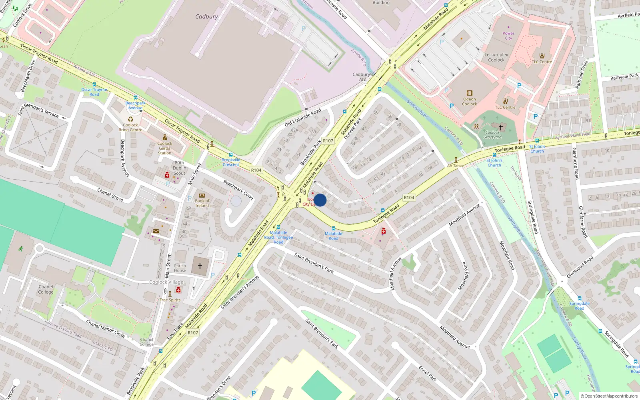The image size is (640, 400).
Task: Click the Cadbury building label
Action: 206,16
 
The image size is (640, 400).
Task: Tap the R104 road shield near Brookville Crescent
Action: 256,170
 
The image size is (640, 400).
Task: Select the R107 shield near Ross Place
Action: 193,332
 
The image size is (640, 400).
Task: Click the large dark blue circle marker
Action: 320,200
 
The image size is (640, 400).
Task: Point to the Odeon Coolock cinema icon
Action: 470,93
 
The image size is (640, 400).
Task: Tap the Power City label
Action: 508,36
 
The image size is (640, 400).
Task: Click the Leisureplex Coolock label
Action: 496,57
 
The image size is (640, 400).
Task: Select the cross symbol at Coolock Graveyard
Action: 500,127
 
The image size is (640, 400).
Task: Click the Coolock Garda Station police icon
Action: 164,137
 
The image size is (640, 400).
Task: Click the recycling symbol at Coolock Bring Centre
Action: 130,119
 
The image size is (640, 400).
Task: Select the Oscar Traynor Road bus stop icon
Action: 94,84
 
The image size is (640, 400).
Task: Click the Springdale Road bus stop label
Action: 579,306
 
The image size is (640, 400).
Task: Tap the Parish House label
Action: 180,268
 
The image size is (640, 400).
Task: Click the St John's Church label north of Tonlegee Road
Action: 537,149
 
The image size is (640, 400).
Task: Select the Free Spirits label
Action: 170,300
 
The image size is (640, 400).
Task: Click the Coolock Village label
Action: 166,282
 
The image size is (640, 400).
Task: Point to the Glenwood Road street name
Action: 580,267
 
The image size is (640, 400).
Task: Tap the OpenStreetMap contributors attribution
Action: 609,396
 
